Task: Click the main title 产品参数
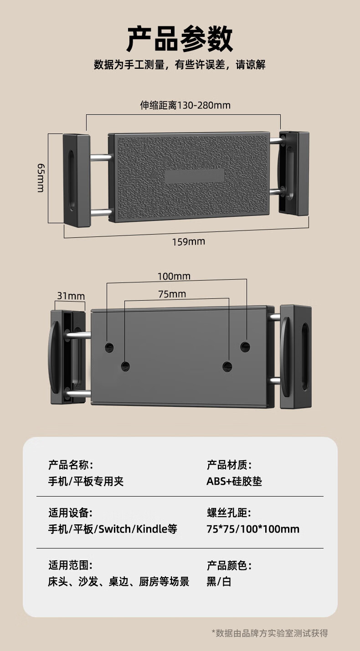(x=180, y=39)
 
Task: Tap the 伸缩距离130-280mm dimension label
(x=185, y=106)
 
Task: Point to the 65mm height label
(x=40, y=178)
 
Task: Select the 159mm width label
(x=188, y=241)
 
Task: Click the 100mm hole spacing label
(x=174, y=276)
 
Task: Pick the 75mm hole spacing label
(x=172, y=294)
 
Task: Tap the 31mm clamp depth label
(x=71, y=296)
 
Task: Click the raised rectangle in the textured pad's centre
(x=194, y=176)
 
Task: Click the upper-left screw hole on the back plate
(x=109, y=348)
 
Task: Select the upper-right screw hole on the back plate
(x=245, y=346)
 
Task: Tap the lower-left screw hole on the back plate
(x=125, y=365)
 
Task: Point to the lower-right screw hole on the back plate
(x=227, y=365)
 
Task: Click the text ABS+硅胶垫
(x=234, y=482)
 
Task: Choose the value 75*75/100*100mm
(x=253, y=529)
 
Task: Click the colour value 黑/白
(x=219, y=582)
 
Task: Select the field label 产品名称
(x=70, y=465)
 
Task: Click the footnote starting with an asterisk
(x=270, y=633)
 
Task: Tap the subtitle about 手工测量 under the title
(x=180, y=65)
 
